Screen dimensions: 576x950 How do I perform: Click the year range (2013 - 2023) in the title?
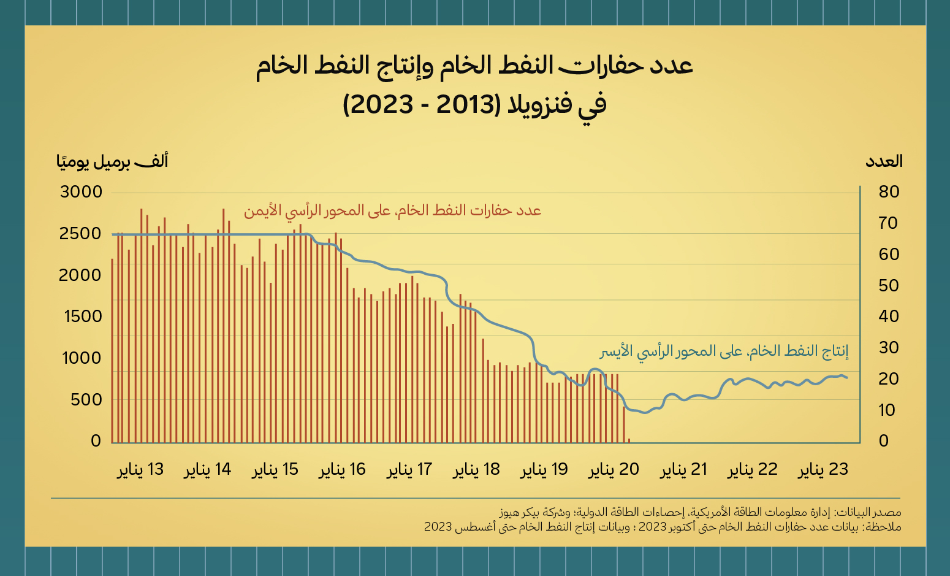coord(420,105)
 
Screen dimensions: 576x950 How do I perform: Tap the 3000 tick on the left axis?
coord(81,192)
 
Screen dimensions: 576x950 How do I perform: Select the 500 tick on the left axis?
coord(86,400)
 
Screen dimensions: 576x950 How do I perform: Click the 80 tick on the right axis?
coord(889,192)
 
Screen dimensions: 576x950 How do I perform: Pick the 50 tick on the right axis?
coord(889,286)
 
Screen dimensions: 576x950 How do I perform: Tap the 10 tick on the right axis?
coord(887,410)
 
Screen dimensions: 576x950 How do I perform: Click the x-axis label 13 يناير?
coord(140,470)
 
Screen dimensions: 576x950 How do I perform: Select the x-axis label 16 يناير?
coord(342,470)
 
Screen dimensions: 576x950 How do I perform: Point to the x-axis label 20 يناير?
coord(614,470)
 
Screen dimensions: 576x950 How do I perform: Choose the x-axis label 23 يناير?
coord(823,470)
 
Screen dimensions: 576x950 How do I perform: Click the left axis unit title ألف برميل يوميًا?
coord(112,161)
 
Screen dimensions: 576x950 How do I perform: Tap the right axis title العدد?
coord(884,161)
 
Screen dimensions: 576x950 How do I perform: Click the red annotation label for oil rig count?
coord(392,211)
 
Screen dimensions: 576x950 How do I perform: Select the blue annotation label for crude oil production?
coord(724,351)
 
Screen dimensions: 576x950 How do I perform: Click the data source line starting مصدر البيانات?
coord(700,512)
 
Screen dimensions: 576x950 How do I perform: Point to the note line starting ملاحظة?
coord(663,527)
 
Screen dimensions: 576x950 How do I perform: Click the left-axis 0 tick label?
coord(96,441)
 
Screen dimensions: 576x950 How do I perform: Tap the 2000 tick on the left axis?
coord(80,275)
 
